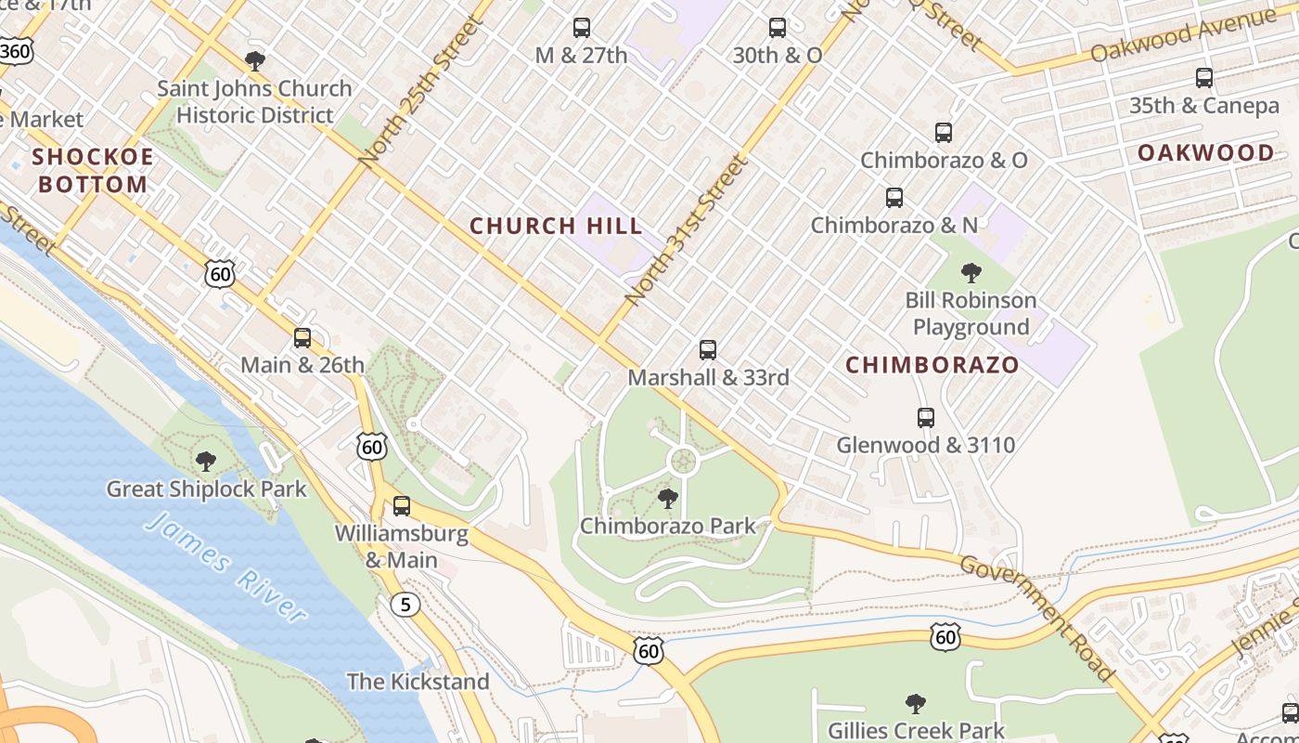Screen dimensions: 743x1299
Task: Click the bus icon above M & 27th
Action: pyautogui.click(x=582, y=28)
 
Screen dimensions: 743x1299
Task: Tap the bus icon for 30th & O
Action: pyautogui.click(x=778, y=28)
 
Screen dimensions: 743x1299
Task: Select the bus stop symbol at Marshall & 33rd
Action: pyautogui.click(x=708, y=350)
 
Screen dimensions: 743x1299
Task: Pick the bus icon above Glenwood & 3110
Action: pyautogui.click(x=925, y=418)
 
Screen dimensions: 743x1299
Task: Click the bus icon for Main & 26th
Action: pyautogui.click(x=302, y=338)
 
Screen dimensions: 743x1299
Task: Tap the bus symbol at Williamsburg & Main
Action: pyautogui.click(x=402, y=506)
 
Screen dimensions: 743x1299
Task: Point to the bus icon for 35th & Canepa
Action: pyautogui.click(x=1204, y=78)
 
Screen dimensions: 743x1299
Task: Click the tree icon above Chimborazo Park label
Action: pyautogui.click(x=667, y=499)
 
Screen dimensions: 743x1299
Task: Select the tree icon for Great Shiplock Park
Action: pyautogui.click(x=206, y=461)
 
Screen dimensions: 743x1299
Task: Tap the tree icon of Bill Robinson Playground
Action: pyautogui.click(x=971, y=273)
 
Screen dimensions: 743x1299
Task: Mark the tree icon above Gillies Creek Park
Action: pyautogui.click(x=916, y=703)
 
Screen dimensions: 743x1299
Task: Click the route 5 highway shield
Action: pyautogui.click(x=404, y=605)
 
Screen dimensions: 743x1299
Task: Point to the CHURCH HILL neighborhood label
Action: pyautogui.click(x=556, y=226)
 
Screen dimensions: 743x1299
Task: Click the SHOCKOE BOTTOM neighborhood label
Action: pyautogui.click(x=93, y=170)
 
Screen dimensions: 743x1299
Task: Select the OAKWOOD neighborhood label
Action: pyautogui.click(x=1205, y=153)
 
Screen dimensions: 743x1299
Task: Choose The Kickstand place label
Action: pyautogui.click(x=418, y=681)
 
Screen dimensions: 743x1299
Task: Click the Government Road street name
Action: pyautogui.click(x=1037, y=617)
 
